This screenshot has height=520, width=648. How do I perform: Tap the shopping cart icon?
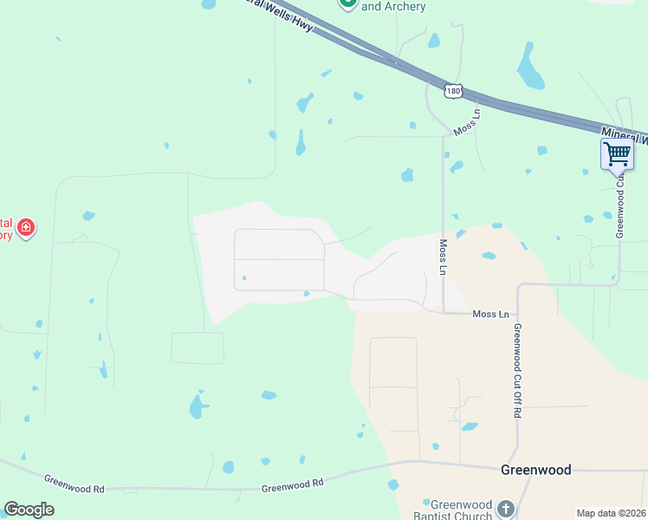coord(617,154)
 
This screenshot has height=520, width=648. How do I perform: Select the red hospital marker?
coord(26,228)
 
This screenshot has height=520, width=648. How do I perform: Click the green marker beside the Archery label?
coord(347,3)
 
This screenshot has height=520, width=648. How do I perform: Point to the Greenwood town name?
coord(536,470)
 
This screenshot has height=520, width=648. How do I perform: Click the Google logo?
coord(29,510)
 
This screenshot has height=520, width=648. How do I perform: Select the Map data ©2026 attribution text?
coord(612,513)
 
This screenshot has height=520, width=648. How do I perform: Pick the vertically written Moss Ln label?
coord(443,257)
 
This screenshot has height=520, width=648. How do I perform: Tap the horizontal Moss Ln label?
coord(490,314)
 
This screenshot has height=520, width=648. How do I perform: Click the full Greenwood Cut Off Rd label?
coord(516,371)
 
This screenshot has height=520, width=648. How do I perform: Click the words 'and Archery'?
coord(393,7)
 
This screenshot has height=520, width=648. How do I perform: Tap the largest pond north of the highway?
coord(528,66)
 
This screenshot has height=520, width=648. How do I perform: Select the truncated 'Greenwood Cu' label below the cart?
coord(620,208)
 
